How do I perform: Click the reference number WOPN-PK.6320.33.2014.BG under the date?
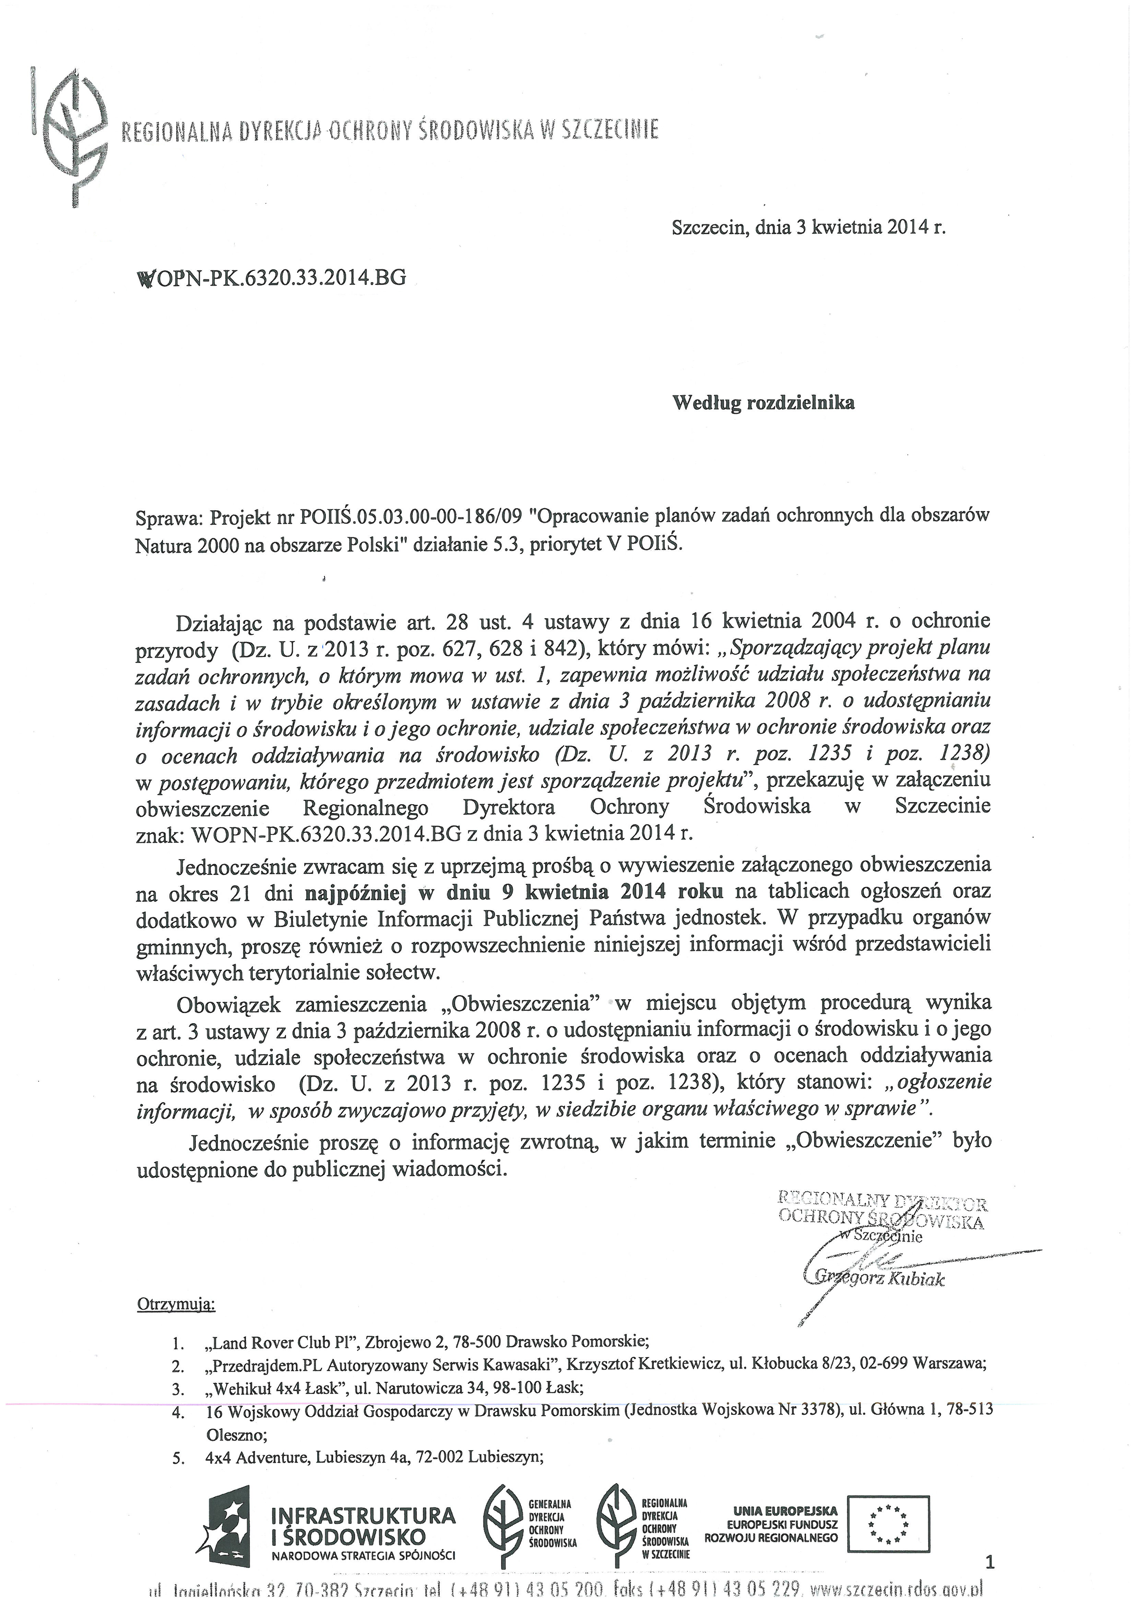[272, 278]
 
